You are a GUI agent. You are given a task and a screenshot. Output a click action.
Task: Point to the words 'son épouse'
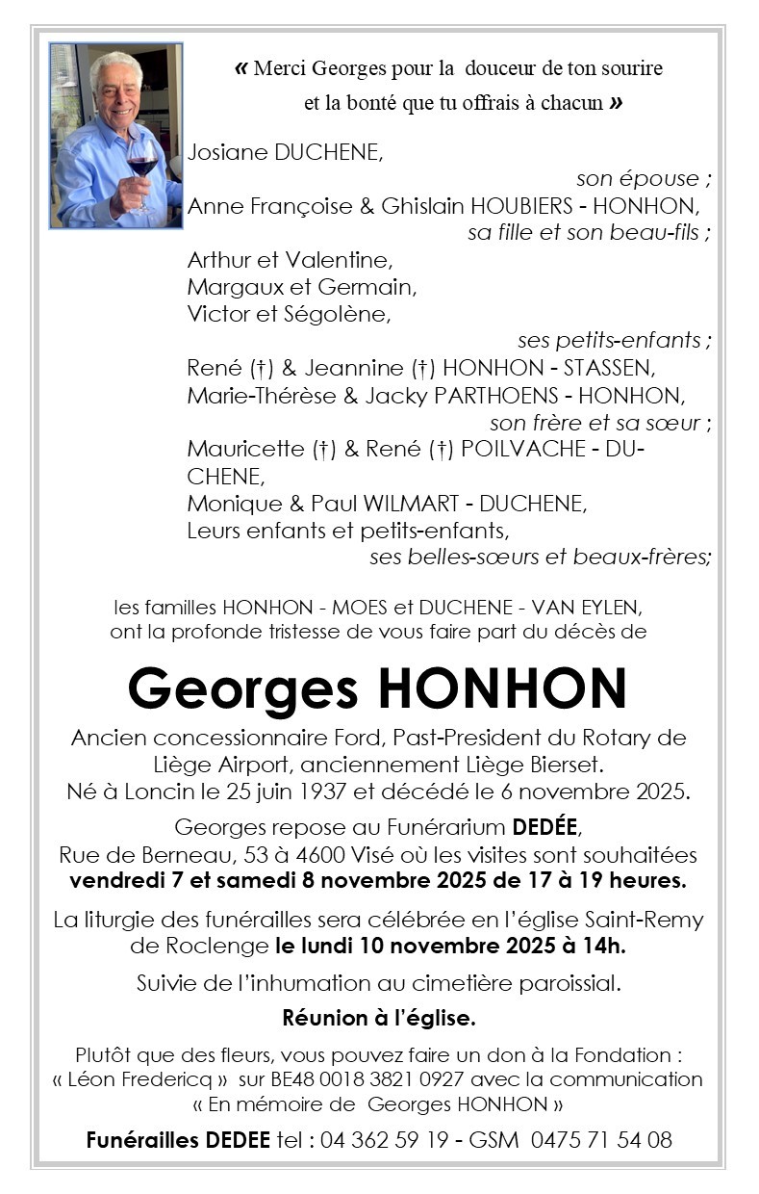pyautogui.click(x=638, y=178)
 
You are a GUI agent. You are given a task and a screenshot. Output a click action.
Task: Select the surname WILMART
pyautogui.click(x=396, y=503)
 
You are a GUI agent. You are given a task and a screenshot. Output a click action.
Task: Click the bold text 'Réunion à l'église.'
pyautogui.click(x=379, y=1017)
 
